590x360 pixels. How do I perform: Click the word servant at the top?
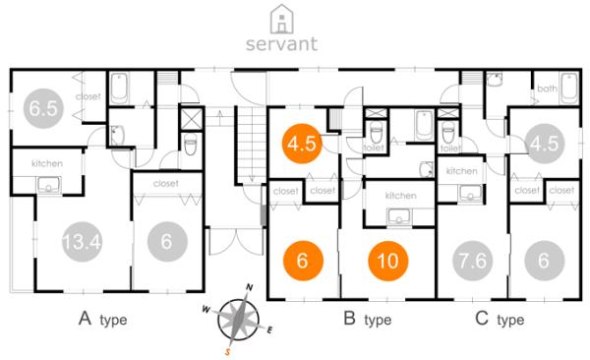coord(282,43)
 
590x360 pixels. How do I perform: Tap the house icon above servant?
coord(282,17)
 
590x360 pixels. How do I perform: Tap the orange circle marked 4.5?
coord(300,144)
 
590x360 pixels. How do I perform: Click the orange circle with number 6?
coord(304,262)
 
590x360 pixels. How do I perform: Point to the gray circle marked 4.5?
coord(543,144)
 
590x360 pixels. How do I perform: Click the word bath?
coord(548,89)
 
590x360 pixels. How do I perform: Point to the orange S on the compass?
coord(228,349)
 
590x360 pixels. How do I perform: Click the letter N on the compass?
coord(250,287)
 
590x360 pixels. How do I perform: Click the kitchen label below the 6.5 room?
coord(46,163)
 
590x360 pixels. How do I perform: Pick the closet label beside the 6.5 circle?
coord(88,96)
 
